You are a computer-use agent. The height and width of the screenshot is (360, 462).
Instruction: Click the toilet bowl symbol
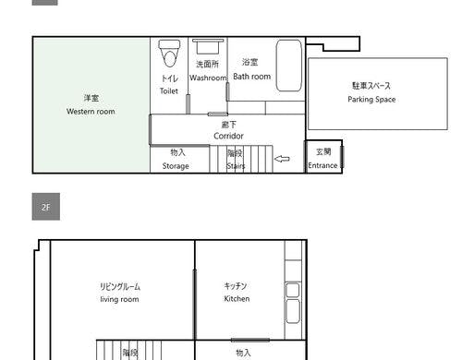coord(169,54)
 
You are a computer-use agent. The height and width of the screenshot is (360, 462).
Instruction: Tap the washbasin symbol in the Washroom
coord(208,46)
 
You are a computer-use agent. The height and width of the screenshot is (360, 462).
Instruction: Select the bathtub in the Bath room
coord(288,66)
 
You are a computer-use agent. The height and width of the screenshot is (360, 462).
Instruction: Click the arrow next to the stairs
coord(282,159)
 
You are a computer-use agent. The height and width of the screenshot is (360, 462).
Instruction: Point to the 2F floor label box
coord(46,207)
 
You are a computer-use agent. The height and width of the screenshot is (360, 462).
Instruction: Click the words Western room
coord(91,112)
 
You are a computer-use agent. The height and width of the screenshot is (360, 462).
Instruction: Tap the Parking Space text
coord(371,100)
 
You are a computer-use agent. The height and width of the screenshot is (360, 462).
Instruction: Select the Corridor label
coord(228,136)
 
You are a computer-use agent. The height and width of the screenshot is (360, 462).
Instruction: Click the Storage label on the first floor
coord(176,166)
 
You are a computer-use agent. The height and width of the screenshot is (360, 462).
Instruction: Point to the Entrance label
coord(322,165)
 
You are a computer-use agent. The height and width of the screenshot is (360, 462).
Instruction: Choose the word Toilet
coord(169,91)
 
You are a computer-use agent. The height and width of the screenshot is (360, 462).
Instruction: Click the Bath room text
coord(252,77)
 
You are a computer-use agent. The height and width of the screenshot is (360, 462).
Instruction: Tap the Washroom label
coord(208,78)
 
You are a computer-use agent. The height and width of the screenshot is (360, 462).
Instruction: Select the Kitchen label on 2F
coord(237,298)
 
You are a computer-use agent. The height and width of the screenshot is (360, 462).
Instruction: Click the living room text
coord(119,299)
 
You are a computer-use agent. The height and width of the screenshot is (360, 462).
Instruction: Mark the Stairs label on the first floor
coord(236,166)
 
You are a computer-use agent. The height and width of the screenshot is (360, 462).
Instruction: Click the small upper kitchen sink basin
coord(293,290)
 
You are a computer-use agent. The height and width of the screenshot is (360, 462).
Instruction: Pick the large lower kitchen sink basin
coord(293,311)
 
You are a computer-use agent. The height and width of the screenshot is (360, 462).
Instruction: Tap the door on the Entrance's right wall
coord(342,157)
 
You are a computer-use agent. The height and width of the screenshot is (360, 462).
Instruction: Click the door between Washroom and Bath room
coord(227,91)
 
